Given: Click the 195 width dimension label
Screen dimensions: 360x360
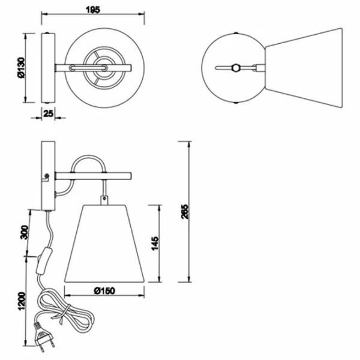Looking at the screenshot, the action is pyautogui.click(x=93, y=10).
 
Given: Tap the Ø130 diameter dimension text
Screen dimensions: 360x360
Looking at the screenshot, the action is pyautogui.click(x=21, y=68).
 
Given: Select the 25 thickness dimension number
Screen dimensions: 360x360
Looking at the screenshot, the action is pyautogui.click(x=48, y=113).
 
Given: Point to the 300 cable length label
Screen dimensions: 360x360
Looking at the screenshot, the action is pyautogui.click(x=25, y=232).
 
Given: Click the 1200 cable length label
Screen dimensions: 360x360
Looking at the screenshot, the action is pyautogui.click(x=22, y=301).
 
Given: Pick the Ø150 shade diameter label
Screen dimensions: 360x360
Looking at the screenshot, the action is pyautogui.click(x=104, y=291).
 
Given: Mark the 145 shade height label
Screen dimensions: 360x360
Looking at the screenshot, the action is pyautogui.click(x=155, y=244).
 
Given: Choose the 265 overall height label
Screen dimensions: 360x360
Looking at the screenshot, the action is pyautogui.click(x=184, y=211).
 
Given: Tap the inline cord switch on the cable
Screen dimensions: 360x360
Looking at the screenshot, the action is pyautogui.click(x=43, y=260).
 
